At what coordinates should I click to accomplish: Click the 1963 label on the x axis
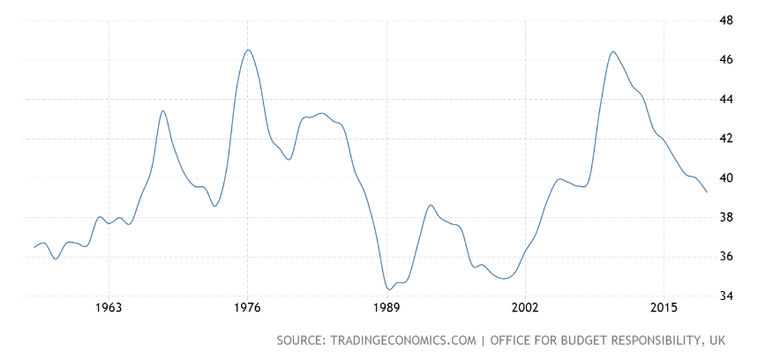(x=109, y=308)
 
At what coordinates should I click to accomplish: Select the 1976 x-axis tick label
(x=247, y=308)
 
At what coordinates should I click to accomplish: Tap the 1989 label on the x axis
(x=386, y=308)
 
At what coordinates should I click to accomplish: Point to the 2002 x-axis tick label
(x=525, y=308)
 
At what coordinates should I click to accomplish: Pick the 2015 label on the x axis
(x=664, y=308)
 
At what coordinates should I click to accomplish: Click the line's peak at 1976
(x=248, y=49)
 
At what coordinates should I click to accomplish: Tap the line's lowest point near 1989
(x=389, y=289)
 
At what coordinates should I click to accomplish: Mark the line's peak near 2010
(x=613, y=51)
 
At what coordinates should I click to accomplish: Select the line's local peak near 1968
(x=163, y=110)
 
